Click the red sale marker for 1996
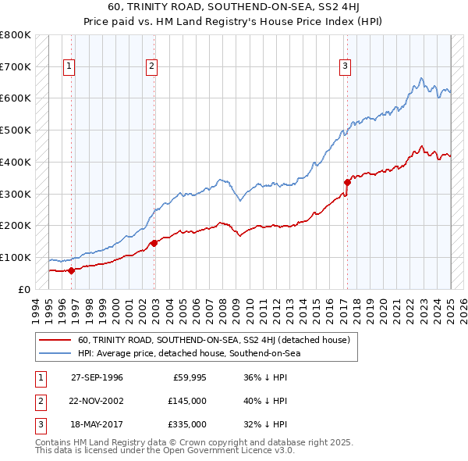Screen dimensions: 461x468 click(71, 271)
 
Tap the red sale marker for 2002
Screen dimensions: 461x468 click(154, 243)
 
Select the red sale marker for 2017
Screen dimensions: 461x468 click(347, 182)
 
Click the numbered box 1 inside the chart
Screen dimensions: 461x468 click(69, 67)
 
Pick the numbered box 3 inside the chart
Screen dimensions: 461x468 click(345, 67)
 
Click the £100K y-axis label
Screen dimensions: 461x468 click(16, 257)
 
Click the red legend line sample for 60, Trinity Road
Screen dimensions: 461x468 click(54, 341)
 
